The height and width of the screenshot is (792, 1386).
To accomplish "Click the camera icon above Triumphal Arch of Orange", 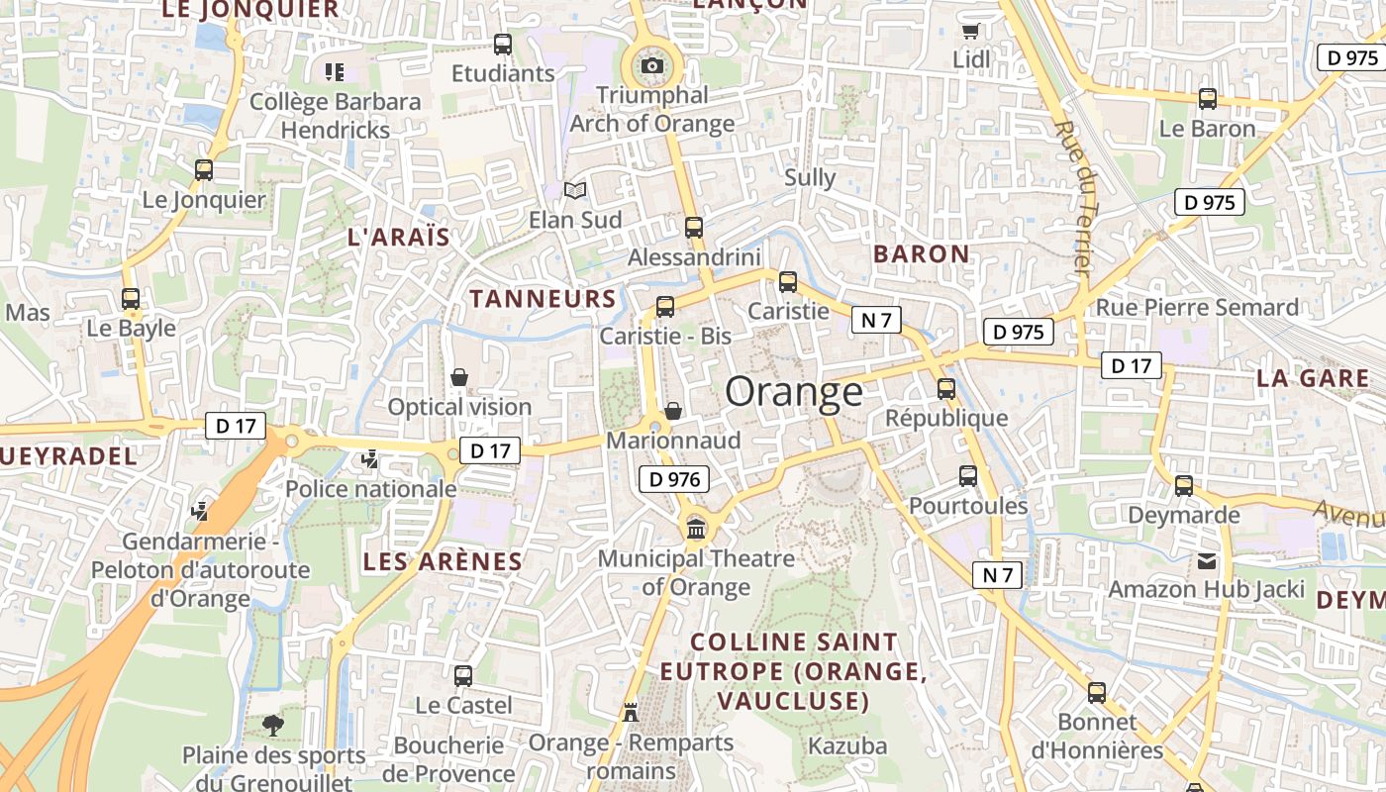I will tap(652, 66).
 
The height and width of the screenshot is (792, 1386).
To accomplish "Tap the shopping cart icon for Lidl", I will tap(970, 31).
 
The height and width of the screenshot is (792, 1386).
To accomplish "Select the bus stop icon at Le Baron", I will tap(1207, 99).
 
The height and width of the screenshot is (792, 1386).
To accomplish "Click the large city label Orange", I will tap(794, 392).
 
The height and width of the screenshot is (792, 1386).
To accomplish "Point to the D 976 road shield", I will tap(675, 480).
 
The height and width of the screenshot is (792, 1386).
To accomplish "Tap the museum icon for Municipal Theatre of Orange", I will tap(696, 530).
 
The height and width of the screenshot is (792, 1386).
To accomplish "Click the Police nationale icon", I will tap(370, 459).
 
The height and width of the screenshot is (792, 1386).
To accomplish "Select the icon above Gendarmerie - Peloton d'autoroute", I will tap(200, 512).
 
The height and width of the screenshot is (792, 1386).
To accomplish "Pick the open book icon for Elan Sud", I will tap(575, 190).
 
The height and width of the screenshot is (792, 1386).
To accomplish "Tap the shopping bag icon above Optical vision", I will tap(459, 377).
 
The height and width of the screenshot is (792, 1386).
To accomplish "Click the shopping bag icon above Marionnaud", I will tap(673, 410).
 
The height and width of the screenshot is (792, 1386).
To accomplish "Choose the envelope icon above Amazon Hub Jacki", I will tap(1206, 561).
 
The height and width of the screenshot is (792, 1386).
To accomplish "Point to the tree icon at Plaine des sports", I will tap(272, 726).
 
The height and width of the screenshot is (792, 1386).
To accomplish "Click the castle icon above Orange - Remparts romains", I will tap(631, 712).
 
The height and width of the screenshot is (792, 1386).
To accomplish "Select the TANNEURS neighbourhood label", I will tap(543, 299).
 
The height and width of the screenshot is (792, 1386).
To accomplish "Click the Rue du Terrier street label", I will tap(1072, 198).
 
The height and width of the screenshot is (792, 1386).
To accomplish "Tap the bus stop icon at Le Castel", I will tap(463, 676).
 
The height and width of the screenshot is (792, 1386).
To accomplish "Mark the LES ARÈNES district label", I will tap(443, 562).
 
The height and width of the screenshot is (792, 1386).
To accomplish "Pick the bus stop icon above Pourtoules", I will tap(968, 477).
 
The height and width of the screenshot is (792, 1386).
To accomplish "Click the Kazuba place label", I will tap(847, 745).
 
